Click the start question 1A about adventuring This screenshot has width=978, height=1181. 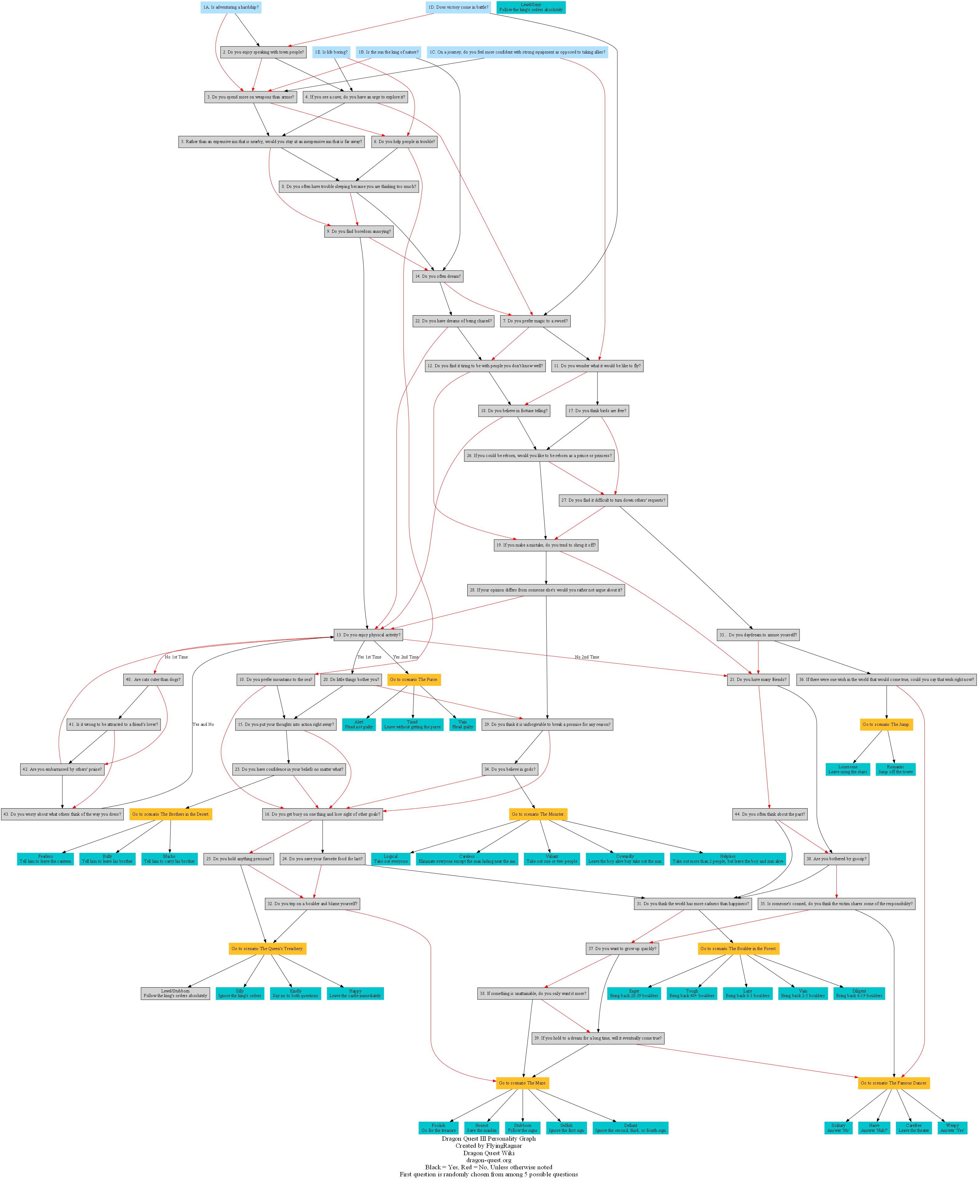[231, 7]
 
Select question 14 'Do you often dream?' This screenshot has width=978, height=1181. [437, 276]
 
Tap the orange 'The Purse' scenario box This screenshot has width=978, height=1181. [414, 679]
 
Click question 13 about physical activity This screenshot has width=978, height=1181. [368, 635]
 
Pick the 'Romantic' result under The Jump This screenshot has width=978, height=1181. [895, 769]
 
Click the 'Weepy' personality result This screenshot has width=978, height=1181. [952, 1127]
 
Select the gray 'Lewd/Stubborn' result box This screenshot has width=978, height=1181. [175, 993]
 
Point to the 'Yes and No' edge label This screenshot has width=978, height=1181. [203, 724]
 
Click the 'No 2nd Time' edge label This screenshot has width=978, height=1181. [587, 657]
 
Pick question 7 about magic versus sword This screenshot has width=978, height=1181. [535, 321]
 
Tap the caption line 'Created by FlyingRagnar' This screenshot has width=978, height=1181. [489, 1146]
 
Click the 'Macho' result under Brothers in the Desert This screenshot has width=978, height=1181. [169, 859]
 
